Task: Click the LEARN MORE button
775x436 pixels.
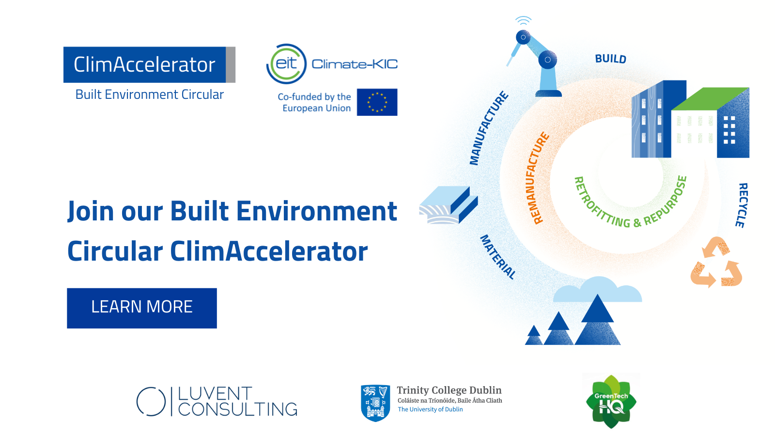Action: click(142, 308)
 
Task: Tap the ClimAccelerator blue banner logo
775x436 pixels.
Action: click(145, 65)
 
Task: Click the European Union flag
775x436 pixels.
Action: click(377, 102)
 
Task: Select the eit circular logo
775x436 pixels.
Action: click(287, 64)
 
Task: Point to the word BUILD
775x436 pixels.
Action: click(610, 59)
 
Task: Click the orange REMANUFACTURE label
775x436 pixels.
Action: click(538, 178)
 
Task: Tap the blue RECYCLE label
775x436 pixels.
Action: click(742, 205)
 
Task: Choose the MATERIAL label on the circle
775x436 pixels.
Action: click(497, 257)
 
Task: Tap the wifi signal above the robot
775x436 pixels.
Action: click(524, 20)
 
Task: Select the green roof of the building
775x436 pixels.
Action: click(711, 99)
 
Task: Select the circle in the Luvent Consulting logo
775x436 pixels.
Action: click(151, 402)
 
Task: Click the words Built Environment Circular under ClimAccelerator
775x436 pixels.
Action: click(149, 94)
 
